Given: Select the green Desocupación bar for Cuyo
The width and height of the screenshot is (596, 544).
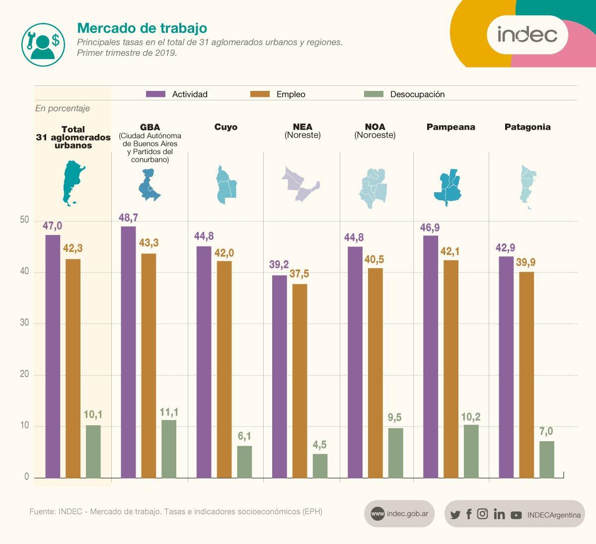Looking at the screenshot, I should pos(244,462).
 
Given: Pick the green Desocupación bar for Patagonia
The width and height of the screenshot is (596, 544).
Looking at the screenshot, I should pos(546,459).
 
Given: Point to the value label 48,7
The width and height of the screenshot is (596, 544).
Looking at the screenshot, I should pos(128,218).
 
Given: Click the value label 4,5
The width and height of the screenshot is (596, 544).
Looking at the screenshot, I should pos(319,445).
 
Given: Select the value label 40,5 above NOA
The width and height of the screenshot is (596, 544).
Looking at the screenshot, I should pos(373,259).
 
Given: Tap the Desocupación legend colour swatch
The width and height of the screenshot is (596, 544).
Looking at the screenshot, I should pos(373,94).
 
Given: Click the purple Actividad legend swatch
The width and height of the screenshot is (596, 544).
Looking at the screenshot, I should pos(155,94).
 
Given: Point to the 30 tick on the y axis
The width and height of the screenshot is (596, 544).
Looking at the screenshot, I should pos(24,322).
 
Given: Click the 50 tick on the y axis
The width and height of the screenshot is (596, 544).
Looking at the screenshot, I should pos(24,220).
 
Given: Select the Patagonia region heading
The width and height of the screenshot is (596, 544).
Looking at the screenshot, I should pos(527,127).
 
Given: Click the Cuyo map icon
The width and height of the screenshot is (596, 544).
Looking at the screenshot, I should pos(226,184).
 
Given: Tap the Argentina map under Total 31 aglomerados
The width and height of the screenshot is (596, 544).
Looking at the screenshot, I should pos(73,183).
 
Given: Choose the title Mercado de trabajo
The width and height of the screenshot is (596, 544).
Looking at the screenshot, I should pos(142,28).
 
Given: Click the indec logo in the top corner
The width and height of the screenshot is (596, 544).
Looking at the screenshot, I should pos(527,35).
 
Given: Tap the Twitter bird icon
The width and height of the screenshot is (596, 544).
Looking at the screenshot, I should pos(455,515).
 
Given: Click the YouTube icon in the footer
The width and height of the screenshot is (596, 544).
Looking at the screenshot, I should pos(516,515).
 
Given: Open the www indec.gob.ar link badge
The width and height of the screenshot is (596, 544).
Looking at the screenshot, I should pos(399,514).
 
